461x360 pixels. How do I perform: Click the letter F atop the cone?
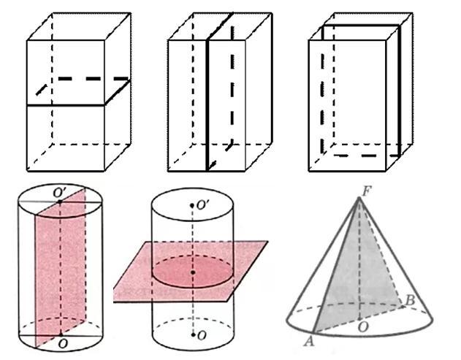click(366, 192)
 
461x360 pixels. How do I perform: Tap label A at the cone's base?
click(309, 341)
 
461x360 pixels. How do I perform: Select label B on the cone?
click(410, 300)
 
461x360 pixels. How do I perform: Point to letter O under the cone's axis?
click(363, 327)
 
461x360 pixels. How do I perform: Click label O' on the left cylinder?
click(60, 193)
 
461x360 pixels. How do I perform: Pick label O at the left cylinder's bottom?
click(62, 343)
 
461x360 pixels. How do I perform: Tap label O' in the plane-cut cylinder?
click(203, 205)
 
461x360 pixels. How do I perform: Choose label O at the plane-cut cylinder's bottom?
click(202, 335)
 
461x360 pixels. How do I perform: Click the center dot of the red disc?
click(193, 272)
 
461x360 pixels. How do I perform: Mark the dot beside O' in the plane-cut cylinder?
click(192, 205)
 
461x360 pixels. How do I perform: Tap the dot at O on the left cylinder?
click(61, 334)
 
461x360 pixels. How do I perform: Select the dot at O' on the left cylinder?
click(60, 202)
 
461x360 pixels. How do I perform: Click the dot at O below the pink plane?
click(193, 334)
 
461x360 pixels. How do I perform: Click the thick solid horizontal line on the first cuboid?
click(66, 105)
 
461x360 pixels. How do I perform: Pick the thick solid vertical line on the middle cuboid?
click(207, 105)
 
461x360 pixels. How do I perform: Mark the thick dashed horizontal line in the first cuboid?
click(94, 79)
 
